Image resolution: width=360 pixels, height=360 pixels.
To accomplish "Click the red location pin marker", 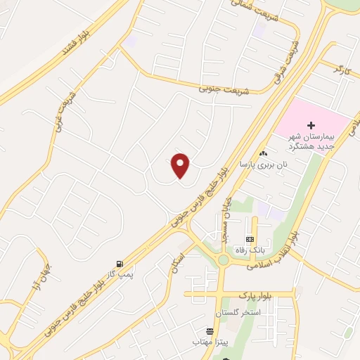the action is pyautogui.click(x=181, y=165).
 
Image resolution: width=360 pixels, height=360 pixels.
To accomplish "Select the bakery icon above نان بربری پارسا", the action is pyautogui.click(x=263, y=153).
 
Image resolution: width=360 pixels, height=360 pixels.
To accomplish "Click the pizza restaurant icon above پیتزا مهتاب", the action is pyautogui.click(x=209, y=331).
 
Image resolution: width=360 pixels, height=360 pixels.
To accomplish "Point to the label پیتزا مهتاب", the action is pyautogui.click(x=212, y=342).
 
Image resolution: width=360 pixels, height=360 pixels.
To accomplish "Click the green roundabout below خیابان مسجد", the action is pyautogui.click(x=223, y=260).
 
